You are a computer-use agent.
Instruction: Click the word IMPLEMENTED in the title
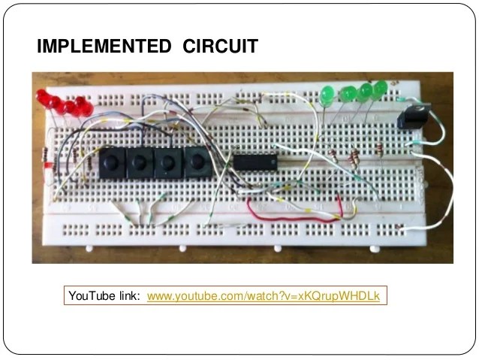tap(104, 47)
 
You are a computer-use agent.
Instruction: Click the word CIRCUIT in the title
tap(220, 47)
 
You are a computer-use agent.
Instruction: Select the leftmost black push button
tap(113, 161)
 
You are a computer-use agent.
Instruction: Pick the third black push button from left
tap(167, 162)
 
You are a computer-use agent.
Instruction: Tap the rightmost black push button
tap(197, 162)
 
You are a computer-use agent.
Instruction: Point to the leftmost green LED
tap(327, 95)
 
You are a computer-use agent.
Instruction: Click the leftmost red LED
tap(44, 98)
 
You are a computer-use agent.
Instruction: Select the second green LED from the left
tap(347, 94)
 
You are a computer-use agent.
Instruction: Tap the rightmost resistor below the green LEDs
tap(378, 150)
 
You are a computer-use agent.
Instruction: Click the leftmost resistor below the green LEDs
tap(332, 156)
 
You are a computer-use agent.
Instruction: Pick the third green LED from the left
tap(365, 92)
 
